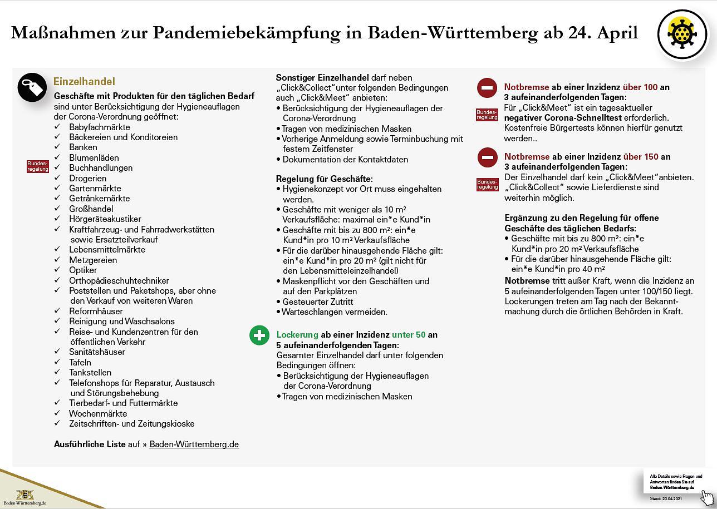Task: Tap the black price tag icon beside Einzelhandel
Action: [x=32, y=87]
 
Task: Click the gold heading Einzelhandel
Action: [x=84, y=82]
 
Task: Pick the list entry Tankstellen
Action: [x=90, y=372]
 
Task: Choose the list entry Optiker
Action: [x=83, y=270]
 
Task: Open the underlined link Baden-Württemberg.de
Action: [x=194, y=444]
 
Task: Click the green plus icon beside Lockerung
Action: [x=259, y=335]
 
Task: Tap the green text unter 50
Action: [x=409, y=335]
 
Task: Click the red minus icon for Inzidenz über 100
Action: [x=487, y=88]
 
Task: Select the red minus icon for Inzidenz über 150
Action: [x=487, y=157]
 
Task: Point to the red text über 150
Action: [x=641, y=157]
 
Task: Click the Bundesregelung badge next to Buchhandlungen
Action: [x=38, y=166]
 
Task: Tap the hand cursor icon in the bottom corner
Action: [x=707, y=497]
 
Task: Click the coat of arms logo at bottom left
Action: [x=24, y=495]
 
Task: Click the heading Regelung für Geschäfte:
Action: [x=325, y=179]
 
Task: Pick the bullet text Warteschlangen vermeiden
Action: [x=335, y=312]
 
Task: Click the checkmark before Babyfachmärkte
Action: [x=57, y=127]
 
